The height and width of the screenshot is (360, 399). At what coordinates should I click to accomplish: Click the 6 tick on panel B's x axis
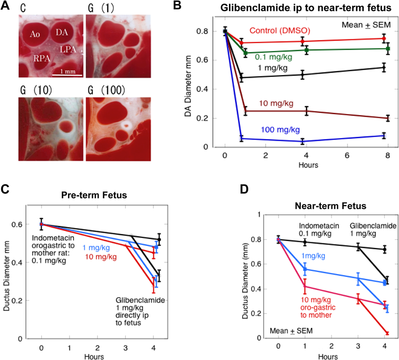(x=347, y=155)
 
